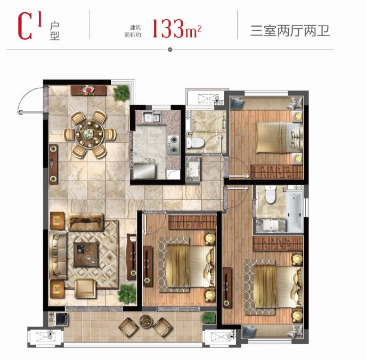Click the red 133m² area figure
pyautogui.click(x=177, y=29)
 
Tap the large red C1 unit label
pyautogui.click(x=30, y=26)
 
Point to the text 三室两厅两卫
pyautogui.click(x=290, y=31)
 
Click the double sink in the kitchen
pyautogui.click(x=152, y=117)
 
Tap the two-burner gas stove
pyautogui.click(x=173, y=145)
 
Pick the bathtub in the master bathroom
pyautogui.click(x=295, y=212)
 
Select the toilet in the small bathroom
pyautogui.click(x=194, y=143)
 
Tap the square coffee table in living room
pyautogui.click(x=86, y=255)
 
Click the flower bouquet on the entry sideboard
pyautogui.click(x=88, y=91)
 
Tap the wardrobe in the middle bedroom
pyautogui.click(x=192, y=222)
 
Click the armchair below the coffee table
pyautogui.click(x=85, y=289)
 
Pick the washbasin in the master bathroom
pyautogui.click(x=271, y=224)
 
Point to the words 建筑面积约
pyautogui.click(x=133, y=31)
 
